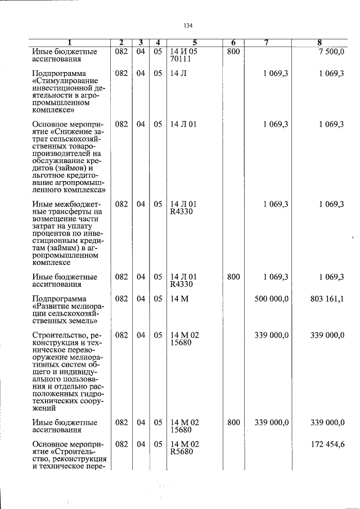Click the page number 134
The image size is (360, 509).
[188, 26]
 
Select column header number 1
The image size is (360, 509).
[70, 42]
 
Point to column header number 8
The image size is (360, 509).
[319, 42]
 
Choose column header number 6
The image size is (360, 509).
[233, 42]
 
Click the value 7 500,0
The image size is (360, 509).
[331, 52]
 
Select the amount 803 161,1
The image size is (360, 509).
[327, 299]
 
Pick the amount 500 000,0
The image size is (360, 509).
[272, 299]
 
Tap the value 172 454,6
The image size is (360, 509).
[327, 444]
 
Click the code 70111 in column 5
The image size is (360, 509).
[181, 59]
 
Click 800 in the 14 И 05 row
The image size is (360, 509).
[233, 52]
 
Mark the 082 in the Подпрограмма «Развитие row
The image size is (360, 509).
[121, 299]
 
